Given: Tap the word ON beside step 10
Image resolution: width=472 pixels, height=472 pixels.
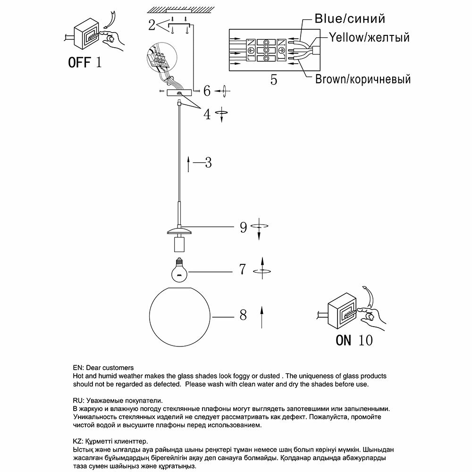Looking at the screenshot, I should (x=343, y=340).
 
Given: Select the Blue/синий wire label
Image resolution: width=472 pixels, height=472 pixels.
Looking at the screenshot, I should (x=350, y=19).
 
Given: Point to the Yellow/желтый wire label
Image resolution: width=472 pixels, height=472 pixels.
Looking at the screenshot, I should (x=369, y=37).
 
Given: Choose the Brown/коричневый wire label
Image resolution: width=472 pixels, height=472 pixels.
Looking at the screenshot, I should (x=362, y=79).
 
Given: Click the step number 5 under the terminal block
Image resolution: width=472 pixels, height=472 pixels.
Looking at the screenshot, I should (x=274, y=80).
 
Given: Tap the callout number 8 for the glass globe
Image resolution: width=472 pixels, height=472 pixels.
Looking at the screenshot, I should (x=243, y=315).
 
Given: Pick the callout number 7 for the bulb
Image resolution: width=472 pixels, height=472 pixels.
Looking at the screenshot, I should (x=243, y=270).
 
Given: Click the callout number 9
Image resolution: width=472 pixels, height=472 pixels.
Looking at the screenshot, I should (x=244, y=228).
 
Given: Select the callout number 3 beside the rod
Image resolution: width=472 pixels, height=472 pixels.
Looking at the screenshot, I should (x=208, y=163).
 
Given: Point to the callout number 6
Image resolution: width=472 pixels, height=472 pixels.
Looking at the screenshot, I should (x=207, y=90).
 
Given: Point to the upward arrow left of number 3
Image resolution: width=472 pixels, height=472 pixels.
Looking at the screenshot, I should (x=188, y=164).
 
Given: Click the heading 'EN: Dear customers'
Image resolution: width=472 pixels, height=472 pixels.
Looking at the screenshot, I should (x=103, y=368).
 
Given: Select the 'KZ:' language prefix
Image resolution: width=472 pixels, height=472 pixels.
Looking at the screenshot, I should (x=78, y=442).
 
